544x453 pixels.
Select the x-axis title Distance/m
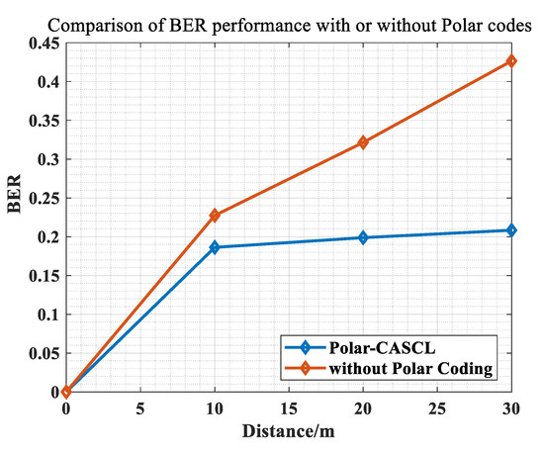coord(290,432)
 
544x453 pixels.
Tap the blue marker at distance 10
coord(215,247)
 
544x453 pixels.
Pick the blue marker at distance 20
coord(363,237)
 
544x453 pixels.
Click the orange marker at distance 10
coord(215,215)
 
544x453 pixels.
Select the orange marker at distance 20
coord(363,142)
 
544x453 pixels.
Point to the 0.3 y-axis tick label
coord(46,159)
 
